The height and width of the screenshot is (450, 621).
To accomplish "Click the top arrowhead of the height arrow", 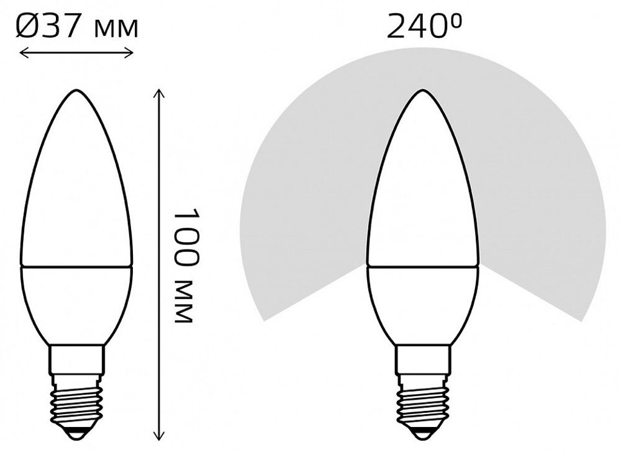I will (x=160, y=91).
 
